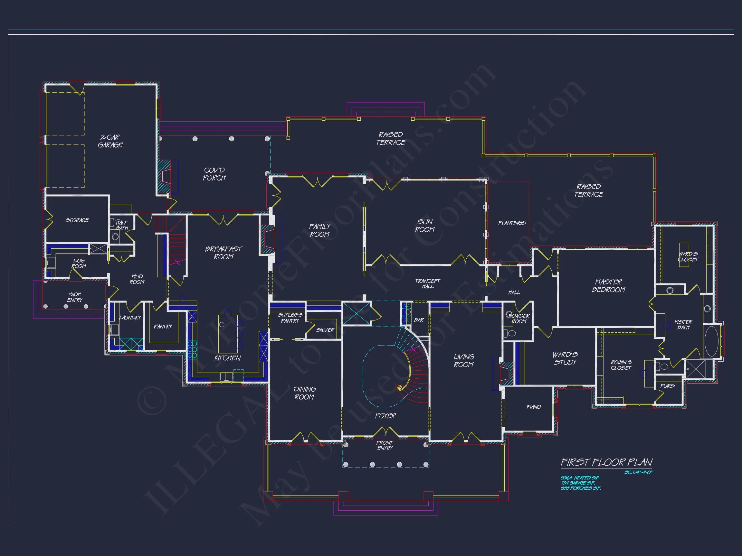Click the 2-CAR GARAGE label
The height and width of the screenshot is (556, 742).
110,141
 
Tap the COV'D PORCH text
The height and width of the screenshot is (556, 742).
214,174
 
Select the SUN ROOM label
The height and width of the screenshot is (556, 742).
425,226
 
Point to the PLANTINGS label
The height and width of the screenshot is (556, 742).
512,223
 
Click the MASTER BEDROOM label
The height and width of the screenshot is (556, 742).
608,286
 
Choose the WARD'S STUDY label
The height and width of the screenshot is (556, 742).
565,358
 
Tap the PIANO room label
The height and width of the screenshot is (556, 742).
534,407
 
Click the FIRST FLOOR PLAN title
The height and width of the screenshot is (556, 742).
606,462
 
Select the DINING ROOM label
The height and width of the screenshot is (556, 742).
305,393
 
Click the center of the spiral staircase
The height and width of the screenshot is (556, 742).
400,388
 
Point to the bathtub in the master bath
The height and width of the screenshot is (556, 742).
711,341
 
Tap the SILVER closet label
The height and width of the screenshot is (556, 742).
325,330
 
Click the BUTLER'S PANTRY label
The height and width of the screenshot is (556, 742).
290,318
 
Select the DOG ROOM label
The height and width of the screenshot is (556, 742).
79,264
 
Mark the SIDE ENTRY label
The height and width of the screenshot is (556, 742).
74,297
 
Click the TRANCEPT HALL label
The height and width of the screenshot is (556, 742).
428,283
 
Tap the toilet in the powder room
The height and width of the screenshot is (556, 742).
511,333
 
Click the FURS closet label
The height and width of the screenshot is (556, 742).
667,386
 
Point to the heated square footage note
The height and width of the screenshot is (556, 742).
580,478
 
